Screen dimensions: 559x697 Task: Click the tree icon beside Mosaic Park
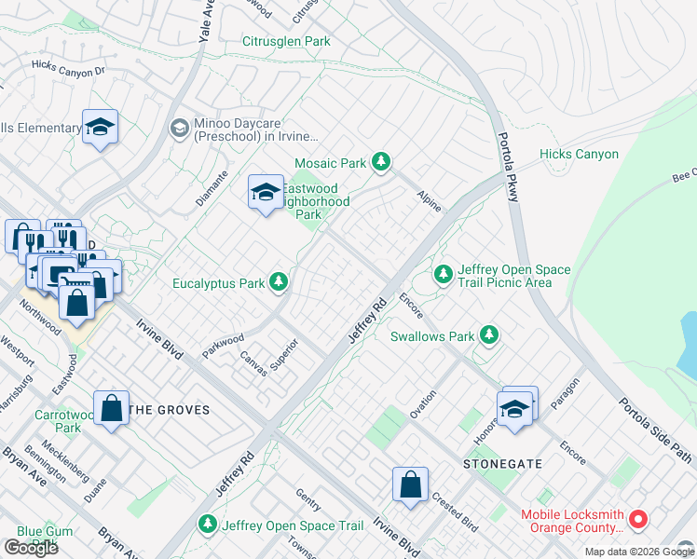pyautogui.click(x=380, y=163)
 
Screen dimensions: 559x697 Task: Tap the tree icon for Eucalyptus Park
pyautogui.click(x=279, y=281)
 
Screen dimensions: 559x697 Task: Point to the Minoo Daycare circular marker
pyautogui.click(x=178, y=128)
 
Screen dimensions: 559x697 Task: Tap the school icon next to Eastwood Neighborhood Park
pyautogui.click(x=266, y=192)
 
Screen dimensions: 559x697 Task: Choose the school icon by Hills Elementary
pyautogui.click(x=100, y=128)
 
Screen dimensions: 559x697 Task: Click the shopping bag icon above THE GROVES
pyautogui.click(x=111, y=408)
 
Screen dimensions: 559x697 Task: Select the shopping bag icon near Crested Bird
pyautogui.click(x=410, y=484)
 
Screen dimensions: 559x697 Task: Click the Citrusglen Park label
pyautogui.click(x=287, y=42)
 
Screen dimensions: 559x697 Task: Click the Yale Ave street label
pyautogui.click(x=205, y=21)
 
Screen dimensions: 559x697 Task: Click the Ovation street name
pyautogui.click(x=422, y=403)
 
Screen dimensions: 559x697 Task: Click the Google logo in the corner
pyautogui.click(x=31, y=548)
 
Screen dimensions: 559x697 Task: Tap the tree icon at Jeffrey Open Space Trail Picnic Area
pyautogui.click(x=444, y=274)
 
